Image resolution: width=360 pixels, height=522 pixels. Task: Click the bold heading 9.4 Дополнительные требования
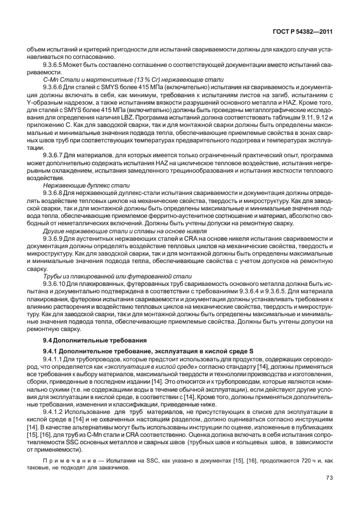[85, 340]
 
